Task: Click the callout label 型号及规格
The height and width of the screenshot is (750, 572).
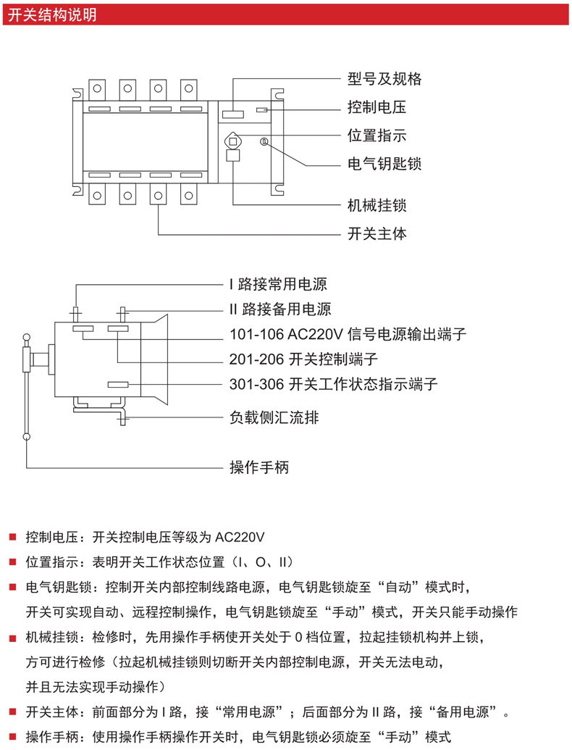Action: pyautogui.click(x=384, y=80)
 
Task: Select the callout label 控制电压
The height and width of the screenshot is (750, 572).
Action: pyautogui.click(x=377, y=108)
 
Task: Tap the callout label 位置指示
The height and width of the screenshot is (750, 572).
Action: pyautogui.click(x=377, y=136)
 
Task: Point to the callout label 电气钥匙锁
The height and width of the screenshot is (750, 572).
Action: pyautogui.click(x=384, y=164)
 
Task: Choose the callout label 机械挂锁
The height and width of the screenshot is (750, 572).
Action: pyautogui.click(x=377, y=206)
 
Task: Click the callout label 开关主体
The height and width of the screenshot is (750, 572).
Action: pyautogui.click(x=377, y=234)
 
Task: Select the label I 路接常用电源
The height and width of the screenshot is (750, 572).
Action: pyautogui.click(x=273, y=284)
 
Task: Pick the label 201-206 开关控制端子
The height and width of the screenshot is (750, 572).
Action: pyautogui.click(x=303, y=359)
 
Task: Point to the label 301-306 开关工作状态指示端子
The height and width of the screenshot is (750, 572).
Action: pyautogui.click(x=333, y=383)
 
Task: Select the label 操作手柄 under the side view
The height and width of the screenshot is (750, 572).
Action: pyautogui.click(x=258, y=467)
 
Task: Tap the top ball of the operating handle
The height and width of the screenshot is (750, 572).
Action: pyautogui.click(x=27, y=336)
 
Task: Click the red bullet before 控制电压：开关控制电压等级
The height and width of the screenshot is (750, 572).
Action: pyautogui.click(x=12, y=538)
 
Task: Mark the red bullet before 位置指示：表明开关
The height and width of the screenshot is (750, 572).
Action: pyautogui.click(x=12, y=562)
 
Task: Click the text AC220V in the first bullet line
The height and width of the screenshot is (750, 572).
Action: pyautogui.click(x=240, y=538)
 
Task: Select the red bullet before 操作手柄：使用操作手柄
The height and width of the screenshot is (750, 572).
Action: pyautogui.click(x=12, y=738)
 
